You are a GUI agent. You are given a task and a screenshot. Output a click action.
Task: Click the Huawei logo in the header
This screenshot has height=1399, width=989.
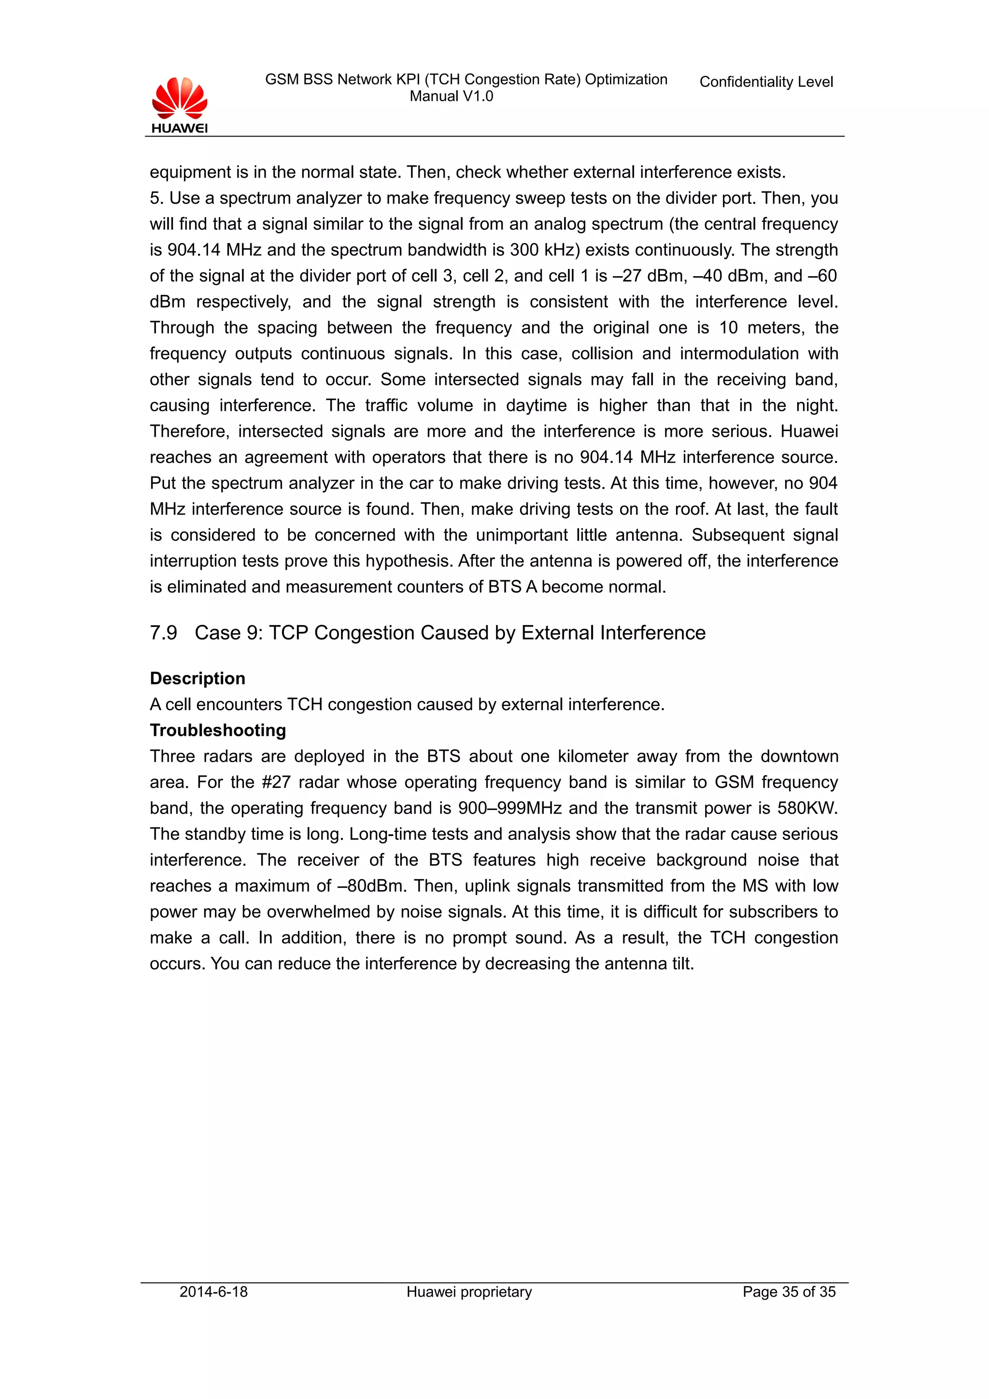tap(179, 105)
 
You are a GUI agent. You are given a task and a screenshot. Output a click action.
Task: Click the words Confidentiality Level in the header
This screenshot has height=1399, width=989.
tap(765, 82)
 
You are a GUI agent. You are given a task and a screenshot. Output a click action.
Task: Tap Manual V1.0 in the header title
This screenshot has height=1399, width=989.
tap(451, 96)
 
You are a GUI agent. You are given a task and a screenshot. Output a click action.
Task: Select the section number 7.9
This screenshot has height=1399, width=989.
tap(163, 632)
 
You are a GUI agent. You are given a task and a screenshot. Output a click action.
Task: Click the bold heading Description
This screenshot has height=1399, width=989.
tap(198, 678)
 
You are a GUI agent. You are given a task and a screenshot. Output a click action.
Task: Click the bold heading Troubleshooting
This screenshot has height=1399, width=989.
tap(217, 730)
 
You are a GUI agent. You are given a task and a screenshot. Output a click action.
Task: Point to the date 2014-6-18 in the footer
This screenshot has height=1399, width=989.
tap(213, 1292)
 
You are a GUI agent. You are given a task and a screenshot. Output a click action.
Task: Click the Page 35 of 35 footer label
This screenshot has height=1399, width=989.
tap(789, 1292)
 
